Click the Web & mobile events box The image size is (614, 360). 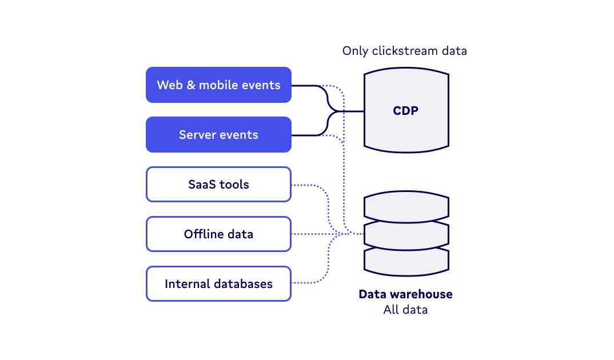pos(218,85)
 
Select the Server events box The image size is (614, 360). pos(218,135)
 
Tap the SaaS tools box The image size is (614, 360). pos(218,185)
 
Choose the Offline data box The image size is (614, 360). pos(218,234)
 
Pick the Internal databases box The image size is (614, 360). pos(218,284)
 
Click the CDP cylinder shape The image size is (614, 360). pos(406,111)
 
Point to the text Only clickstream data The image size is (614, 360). pos(404,51)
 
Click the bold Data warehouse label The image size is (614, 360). pos(405,295)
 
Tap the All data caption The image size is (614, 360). pos(405,310)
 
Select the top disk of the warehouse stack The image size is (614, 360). pos(406,207)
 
